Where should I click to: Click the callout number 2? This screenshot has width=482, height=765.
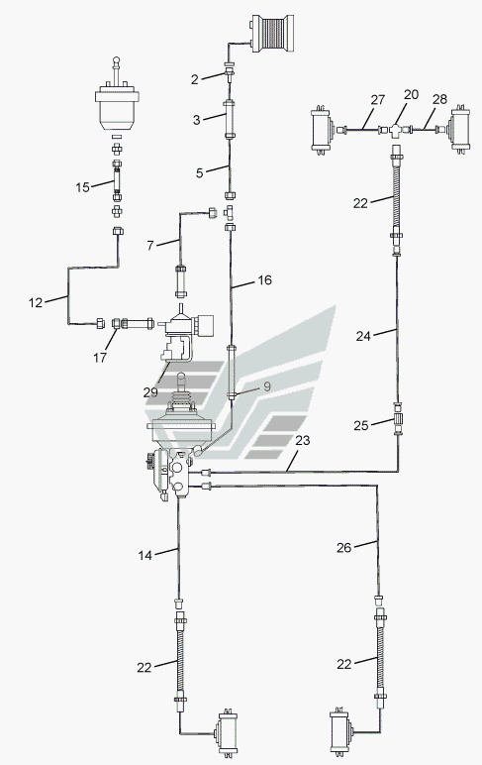point(194,79)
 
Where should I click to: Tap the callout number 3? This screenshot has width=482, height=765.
point(196,120)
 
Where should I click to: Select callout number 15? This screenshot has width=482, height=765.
point(83,187)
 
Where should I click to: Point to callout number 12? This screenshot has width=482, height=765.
point(36,302)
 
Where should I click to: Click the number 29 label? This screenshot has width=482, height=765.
point(150,392)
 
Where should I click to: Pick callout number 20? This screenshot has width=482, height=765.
point(412,95)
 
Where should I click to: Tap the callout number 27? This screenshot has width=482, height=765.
point(378,99)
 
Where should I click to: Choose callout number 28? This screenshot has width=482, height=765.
point(439,99)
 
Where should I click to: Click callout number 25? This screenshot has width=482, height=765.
point(361,425)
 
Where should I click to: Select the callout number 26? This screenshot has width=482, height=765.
point(344,548)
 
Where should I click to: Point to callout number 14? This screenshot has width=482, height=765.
point(145,555)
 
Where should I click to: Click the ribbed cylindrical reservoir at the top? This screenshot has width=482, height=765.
point(272,33)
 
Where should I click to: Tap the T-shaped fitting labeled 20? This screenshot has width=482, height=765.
point(396,130)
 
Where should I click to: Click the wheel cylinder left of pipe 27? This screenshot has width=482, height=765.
point(323,129)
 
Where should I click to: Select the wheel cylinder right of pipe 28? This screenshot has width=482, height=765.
point(459,128)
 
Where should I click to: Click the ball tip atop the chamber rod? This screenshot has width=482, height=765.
point(116,60)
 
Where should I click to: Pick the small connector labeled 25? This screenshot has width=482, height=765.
point(399,419)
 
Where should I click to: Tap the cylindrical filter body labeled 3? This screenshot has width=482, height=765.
point(229,119)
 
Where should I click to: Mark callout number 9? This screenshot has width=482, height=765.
point(267,386)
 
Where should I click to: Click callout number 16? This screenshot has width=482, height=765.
point(264,280)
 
